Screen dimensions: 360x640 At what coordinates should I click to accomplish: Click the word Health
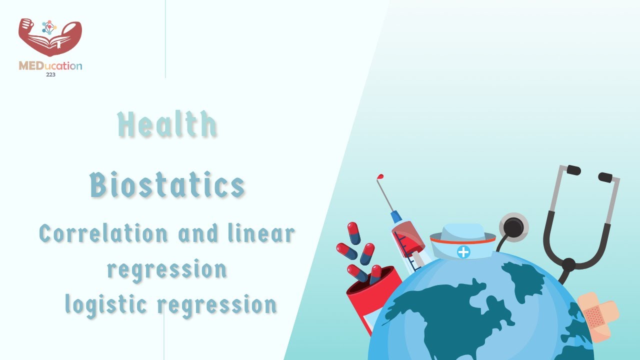167,124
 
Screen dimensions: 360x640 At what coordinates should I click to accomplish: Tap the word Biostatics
167,185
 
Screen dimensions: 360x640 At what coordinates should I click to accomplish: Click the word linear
261,233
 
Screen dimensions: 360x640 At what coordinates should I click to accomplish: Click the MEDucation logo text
50,65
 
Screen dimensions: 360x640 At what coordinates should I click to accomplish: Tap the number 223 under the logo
50,74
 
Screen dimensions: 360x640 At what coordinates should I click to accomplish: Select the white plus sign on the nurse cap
463,252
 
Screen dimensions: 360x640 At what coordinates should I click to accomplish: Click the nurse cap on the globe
463,242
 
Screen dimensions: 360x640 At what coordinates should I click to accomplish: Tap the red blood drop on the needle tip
381,177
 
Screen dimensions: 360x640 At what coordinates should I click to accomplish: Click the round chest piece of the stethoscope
513,227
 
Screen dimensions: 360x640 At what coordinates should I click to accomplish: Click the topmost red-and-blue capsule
354,233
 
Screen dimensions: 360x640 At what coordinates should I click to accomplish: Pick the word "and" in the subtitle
198,233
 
